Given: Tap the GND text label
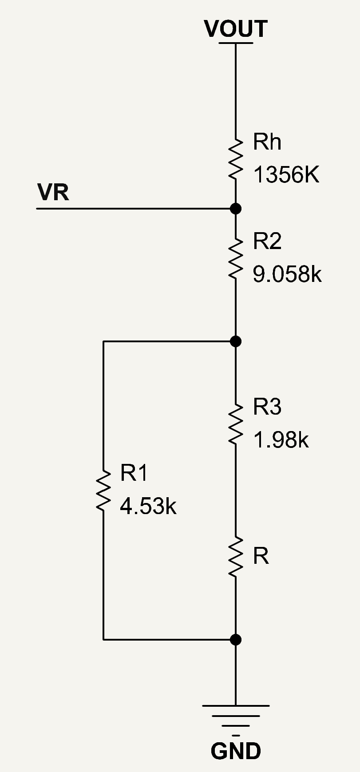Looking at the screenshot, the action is tap(236, 751).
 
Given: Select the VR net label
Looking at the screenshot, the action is tap(53, 193).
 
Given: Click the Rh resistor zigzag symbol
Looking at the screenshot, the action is tap(236, 158).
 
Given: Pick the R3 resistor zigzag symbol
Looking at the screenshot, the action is tap(236, 424).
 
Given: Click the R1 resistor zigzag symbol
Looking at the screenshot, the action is tap(103, 491).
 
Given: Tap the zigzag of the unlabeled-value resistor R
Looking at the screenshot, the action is tap(236, 557).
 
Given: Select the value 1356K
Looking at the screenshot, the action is tap(286, 175).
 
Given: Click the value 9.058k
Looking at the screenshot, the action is tap(287, 274).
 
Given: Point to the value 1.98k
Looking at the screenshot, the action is tap(281, 440).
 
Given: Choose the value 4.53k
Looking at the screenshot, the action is tap(148, 506).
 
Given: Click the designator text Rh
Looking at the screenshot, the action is tap(267, 142).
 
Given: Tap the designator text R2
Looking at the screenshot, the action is tap(267, 241).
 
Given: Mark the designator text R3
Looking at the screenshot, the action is tap(267, 407).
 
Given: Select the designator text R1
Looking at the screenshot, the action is tap(134, 473).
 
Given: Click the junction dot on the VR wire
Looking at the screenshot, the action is tap(236, 208).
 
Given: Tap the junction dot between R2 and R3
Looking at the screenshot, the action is tap(236, 341).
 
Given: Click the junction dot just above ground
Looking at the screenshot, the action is tap(236, 639).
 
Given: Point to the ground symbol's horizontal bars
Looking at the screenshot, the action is tap(236, 716).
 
